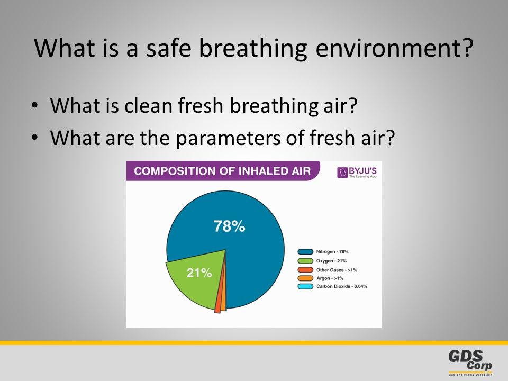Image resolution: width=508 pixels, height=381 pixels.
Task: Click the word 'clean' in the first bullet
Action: coord(148,106)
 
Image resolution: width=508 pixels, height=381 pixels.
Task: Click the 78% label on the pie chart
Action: coord(229,226)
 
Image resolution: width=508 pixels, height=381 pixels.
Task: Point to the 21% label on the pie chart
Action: coord(199,273)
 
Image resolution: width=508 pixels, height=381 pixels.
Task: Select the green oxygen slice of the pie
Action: coord(197,279)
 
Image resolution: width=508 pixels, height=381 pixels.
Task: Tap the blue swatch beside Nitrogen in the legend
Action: coord(305,252)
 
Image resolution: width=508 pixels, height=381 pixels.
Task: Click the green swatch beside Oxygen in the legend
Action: coord(305,261)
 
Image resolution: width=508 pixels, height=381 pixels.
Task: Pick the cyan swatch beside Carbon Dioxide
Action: coord(305,286)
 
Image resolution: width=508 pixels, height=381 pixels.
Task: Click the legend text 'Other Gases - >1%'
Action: coord(337,270)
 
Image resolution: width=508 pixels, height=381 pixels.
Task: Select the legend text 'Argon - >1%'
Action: coord(330,278)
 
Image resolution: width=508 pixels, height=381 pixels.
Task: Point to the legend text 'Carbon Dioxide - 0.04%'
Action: coord(342,286)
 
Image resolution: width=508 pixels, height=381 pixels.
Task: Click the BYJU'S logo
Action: coord(357,172)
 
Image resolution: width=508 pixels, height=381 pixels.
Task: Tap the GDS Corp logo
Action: coord(470,362)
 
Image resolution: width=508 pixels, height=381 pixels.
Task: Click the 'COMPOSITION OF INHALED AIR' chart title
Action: coord(222,171)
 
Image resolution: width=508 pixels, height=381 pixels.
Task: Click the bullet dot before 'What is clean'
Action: coord(35,105)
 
